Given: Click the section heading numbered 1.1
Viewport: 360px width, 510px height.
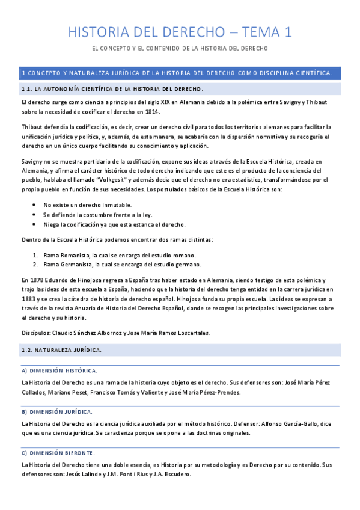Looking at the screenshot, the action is click(x=112, y=89).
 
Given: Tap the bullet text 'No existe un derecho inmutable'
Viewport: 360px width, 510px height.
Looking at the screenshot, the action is click(x=88, y=205).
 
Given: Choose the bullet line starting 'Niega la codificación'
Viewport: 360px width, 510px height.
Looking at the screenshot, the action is click(x=114, y=224).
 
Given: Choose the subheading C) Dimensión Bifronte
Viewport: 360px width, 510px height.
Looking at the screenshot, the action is click(x=58, y=452).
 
